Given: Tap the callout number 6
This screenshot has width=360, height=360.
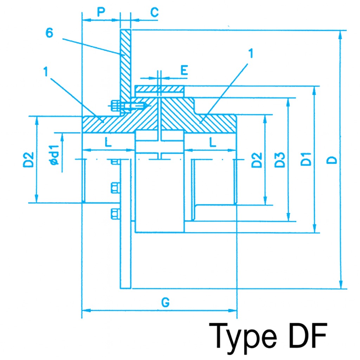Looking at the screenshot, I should (x=50, y=33).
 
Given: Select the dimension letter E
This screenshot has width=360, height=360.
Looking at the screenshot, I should (x=184, y=70).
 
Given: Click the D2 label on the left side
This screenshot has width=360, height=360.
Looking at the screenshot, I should (x=30, y=159).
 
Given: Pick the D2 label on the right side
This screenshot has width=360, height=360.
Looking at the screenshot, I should (x=257, y=160).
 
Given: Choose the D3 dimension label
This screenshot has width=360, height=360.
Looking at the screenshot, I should (x=279, y=160).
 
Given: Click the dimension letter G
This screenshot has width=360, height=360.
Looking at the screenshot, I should (x=166, y=302).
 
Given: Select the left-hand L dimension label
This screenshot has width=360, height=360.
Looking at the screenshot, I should (x=108, y=142).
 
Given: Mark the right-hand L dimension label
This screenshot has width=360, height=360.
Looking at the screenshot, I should (x=212, y=142).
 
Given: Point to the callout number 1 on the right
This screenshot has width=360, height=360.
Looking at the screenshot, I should (x=250, y=53).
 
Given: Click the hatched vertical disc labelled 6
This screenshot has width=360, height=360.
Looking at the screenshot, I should (x=126, y=63).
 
